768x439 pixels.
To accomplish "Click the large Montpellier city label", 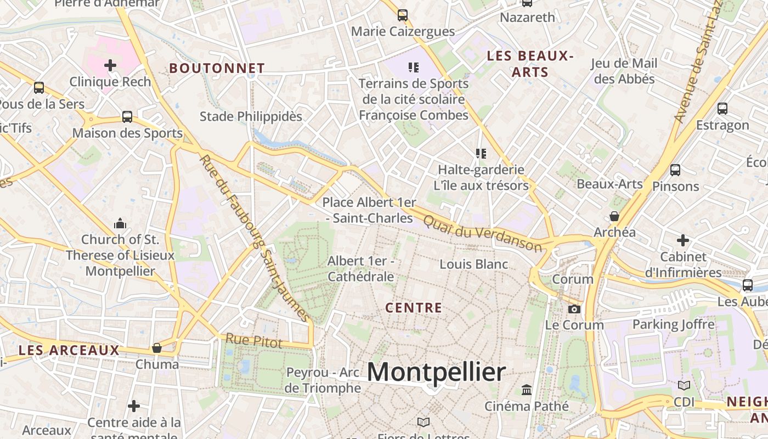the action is click(x=436, y=373).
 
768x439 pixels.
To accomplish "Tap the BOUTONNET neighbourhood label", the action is click(x=217, y=69).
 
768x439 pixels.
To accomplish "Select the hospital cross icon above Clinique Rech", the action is click(x=110, y=66).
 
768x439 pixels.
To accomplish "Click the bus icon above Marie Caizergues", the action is click(x=403, y=15).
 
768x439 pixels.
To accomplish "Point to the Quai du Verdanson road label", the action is click(x=483, y=233).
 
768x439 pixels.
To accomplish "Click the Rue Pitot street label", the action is click(x=254, y=341).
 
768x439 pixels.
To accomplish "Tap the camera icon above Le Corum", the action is click(x=574, y=309).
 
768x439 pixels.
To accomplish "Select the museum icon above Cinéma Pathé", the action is click(x=527, y=390).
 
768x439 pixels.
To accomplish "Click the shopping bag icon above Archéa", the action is click(x=614, y=216).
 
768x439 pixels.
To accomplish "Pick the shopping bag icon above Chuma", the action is click(x=157, y=348).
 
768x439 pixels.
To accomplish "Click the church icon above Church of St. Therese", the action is click(x=120, y=223).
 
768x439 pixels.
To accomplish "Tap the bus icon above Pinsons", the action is click(x=675, y=170).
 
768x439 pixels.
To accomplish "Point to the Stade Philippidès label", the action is click(x=251, y=116).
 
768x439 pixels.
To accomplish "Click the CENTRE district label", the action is click(x=414, y=308).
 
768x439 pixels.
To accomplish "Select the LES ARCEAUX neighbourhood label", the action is click(x=69, y=351).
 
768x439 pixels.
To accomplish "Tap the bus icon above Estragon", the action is click(x=722, y=109).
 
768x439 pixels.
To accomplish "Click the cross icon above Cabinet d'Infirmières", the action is click(x=683, y=240).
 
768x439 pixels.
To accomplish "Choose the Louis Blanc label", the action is click(x=474, y=264).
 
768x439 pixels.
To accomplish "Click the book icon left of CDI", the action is click(x=684, y=386).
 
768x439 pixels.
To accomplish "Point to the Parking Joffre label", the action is click(x=674, y=324).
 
